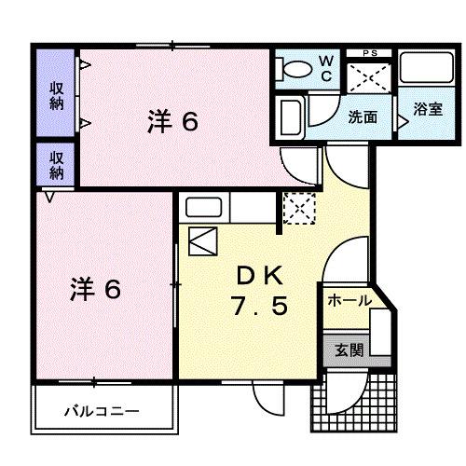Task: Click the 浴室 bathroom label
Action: pyautogui.click(x=428, y=109)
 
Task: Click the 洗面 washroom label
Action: pyautogui.click(x=363, y=117)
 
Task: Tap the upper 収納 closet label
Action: pyautogui.click(x=57, y=92)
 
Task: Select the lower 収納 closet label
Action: pyautogui.click(x=57, y=165)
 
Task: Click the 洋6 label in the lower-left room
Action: pyautogui.click(x=95, y=289)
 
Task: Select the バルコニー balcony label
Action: pyautogui.click(x=102, y=410)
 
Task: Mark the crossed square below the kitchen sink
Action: pyautogui.click(x=201, y=241)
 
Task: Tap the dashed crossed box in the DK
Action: pyautogui.click(x=298, y=208)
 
